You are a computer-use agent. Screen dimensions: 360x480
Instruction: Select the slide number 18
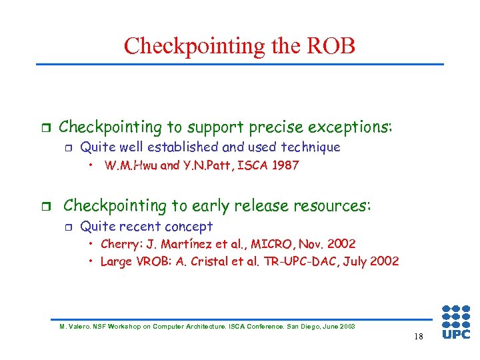coord(418,337)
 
